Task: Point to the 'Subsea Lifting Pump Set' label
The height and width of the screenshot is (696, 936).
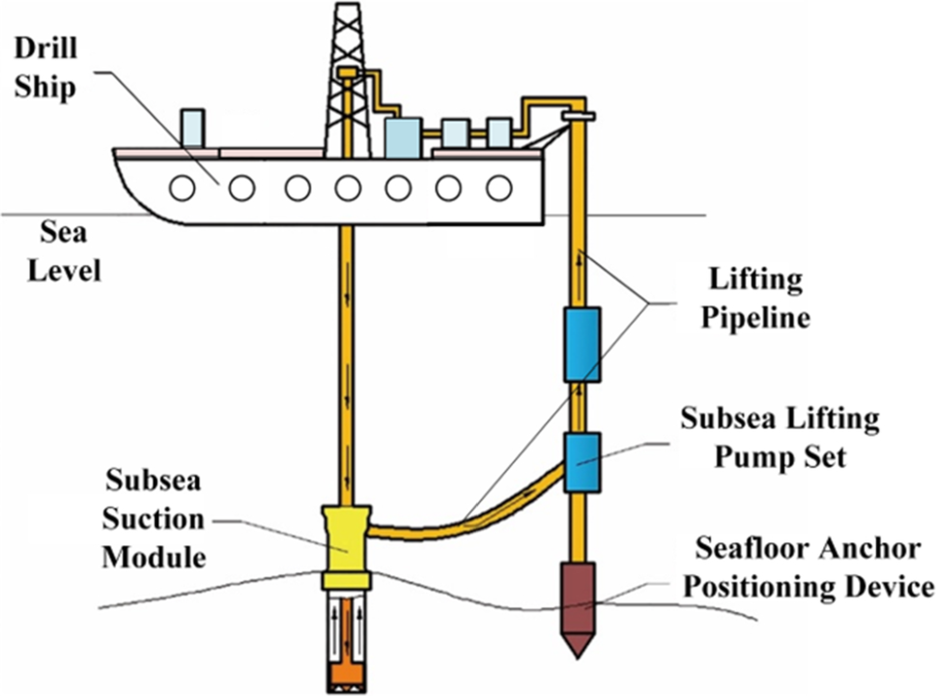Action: [x=780, y=437]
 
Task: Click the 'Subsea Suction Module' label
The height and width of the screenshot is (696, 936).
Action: [x=155, y=518]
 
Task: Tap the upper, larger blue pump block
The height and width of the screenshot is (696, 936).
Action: [x=581, y=344]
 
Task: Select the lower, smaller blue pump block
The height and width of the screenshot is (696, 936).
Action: [x=581, y=463]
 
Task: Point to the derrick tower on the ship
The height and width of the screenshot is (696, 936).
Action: [x=348, y=77]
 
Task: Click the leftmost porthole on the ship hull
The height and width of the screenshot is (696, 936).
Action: [x=182, y=188]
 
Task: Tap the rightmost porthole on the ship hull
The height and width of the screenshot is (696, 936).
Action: [x=498, y=188]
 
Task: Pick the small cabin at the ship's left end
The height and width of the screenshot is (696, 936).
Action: [x=193, y=128]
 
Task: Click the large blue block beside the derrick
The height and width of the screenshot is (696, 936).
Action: [x=402, y=136]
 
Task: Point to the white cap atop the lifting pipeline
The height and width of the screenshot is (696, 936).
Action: [x=579, y=117]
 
